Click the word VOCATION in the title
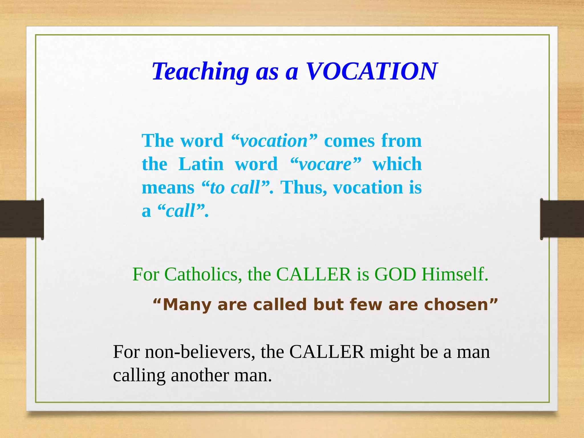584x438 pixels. click(x=371, y=71)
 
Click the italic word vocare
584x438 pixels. click(x=325, y=165)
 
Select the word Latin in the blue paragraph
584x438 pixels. click(x=201, y=164)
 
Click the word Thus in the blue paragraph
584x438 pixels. click(x=304, y=188)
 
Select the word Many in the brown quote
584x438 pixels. click(x=187, y=305)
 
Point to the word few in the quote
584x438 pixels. click(x=366, y=305)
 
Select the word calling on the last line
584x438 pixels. click(x=139, y=376)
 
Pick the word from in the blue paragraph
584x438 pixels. click(x=401, y=141)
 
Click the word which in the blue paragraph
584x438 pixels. click(x=397, y=164)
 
